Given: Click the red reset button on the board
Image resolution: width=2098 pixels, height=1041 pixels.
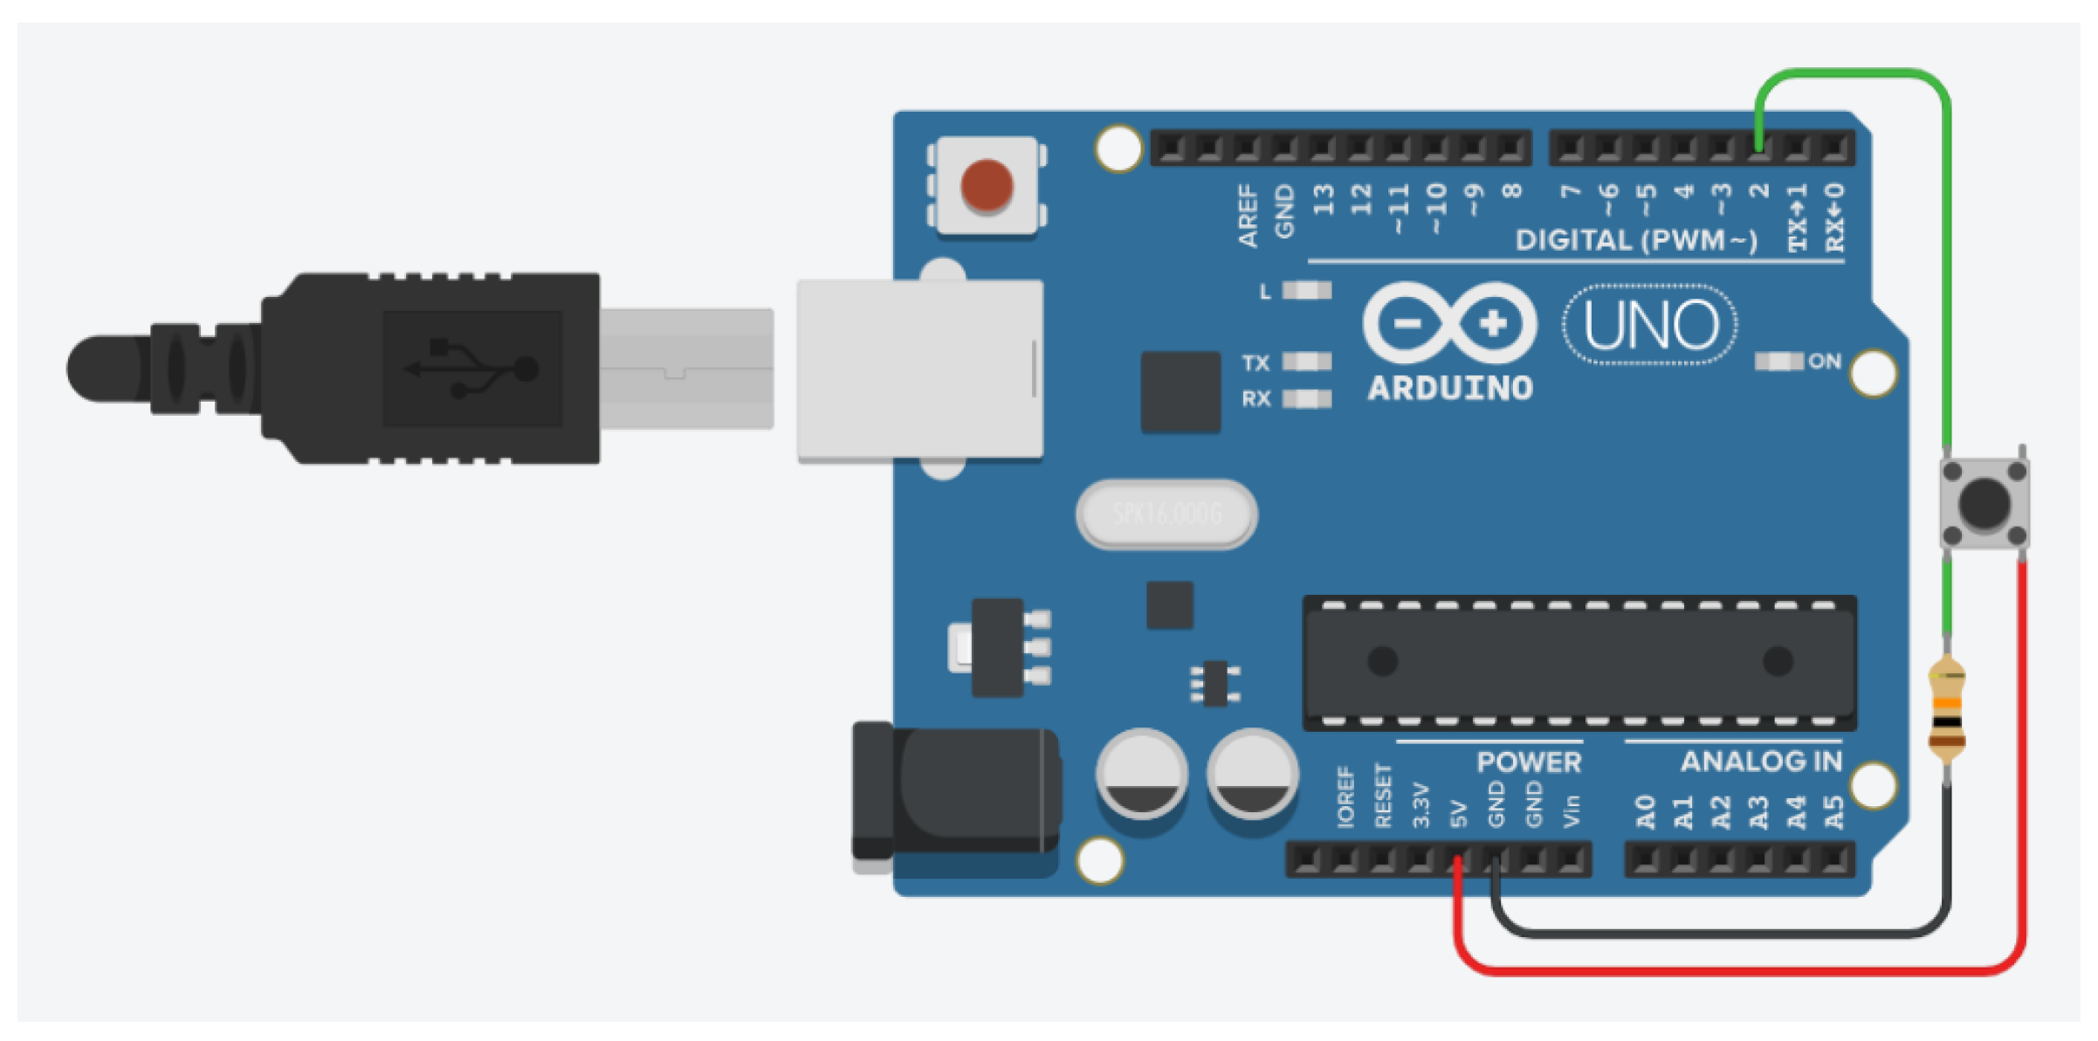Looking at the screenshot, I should click(987, 185).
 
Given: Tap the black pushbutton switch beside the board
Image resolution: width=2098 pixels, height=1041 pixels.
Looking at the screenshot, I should click(1984, 503).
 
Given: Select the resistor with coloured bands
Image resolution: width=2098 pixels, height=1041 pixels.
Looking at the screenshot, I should click(1947, 708).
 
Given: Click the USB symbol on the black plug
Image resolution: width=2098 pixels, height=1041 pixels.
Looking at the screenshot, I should click(472, 368).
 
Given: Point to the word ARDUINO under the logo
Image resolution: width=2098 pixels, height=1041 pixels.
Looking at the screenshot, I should click(1449, 389).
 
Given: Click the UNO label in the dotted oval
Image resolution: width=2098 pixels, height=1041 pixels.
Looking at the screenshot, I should click(1649, 325).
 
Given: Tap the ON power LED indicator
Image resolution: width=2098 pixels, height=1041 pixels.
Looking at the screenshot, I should click(1778, 362).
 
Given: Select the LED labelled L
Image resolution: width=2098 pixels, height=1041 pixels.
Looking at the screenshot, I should click(1306, 291).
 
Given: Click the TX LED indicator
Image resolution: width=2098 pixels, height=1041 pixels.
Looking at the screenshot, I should click(1306, 362).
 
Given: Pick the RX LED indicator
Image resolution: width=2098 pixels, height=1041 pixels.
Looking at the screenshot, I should click(1306, 399).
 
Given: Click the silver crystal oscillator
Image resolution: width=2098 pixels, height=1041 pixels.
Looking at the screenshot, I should click(1166, 514).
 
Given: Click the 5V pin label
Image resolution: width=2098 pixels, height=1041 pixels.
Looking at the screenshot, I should click(1457, 814).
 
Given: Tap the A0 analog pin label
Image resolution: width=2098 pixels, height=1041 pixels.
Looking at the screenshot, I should click(1646, 812).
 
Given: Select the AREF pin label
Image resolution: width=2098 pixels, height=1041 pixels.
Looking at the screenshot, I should click(1248, 216).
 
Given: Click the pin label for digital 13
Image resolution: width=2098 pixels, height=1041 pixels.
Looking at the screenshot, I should click(1324, 200).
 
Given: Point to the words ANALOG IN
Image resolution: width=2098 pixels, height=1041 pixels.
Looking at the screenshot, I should click(1761, 762).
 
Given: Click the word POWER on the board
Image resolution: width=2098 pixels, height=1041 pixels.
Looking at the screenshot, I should click(1529, 762).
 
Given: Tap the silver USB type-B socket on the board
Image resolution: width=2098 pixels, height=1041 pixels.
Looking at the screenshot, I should click(919, 369).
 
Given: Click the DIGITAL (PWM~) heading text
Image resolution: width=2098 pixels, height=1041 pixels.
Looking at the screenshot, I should click(1636, 240).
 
